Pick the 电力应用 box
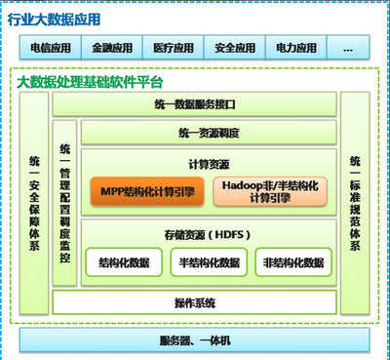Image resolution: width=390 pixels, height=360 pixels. pos(292,46)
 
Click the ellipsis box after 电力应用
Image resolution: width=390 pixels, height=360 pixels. pos(350,46)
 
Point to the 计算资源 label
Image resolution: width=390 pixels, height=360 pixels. pos(208,163)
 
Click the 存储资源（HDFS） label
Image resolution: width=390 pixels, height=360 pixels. pos(208,233)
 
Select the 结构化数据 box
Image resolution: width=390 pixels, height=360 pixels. pos(126,262)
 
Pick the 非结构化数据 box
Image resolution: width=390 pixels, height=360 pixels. pos(291,262)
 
